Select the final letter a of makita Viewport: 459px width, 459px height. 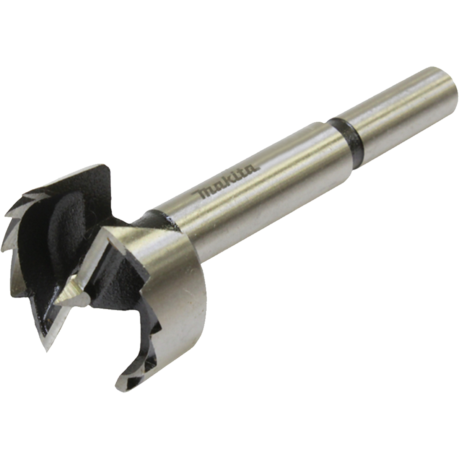(x=254, y=169)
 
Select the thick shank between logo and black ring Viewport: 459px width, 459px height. (x=298, y=153)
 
